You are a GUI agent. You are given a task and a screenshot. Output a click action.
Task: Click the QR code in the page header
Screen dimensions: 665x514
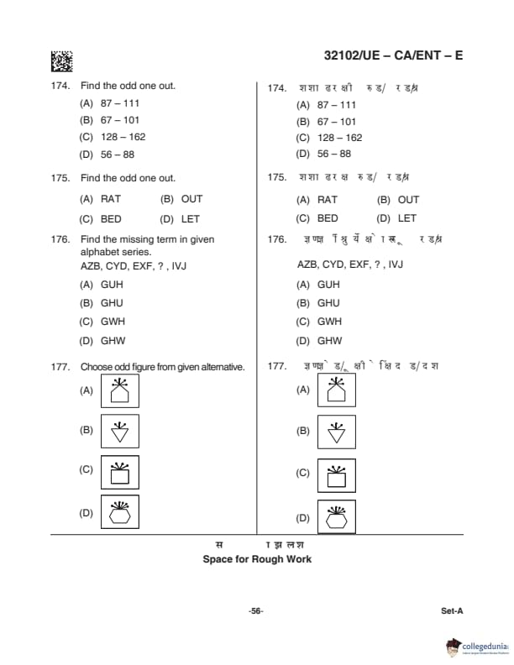62,61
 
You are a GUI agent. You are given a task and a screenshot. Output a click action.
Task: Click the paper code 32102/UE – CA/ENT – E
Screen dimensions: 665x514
393,56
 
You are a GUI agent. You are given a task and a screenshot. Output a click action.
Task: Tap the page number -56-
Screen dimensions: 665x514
256,611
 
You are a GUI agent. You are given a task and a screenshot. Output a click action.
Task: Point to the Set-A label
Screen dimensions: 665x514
452,611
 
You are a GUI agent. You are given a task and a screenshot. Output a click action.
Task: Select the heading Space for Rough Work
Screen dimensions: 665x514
257,559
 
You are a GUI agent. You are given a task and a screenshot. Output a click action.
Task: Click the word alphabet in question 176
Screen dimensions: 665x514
99,252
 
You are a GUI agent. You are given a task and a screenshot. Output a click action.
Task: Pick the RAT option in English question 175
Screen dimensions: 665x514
111,199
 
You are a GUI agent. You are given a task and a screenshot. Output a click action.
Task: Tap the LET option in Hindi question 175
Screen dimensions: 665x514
406,218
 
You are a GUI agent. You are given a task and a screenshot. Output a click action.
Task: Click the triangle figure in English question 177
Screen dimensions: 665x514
120,432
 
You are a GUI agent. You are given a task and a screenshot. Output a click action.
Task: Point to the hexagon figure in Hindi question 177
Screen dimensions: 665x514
337,516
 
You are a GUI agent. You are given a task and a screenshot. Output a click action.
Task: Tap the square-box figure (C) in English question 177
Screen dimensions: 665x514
120,473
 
